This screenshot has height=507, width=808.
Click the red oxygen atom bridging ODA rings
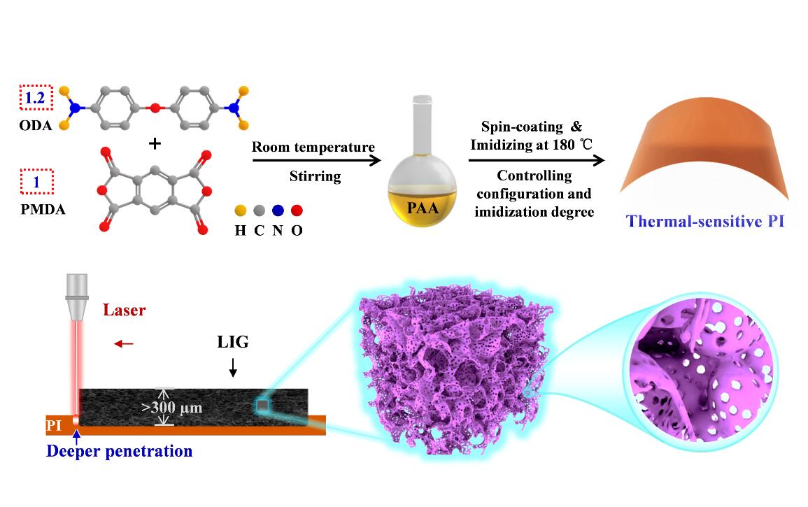click(155, 108)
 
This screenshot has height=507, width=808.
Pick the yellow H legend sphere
click(240, 209)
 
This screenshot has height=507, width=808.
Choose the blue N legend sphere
click(278, 209)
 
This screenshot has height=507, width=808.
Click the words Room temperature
click(313, 148)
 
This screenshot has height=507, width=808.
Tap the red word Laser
click(125, 310)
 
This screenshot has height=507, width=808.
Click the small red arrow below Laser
click(124, 343)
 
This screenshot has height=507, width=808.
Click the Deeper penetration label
click(119, 451)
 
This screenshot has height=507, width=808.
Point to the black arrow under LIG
click(233, 366)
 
